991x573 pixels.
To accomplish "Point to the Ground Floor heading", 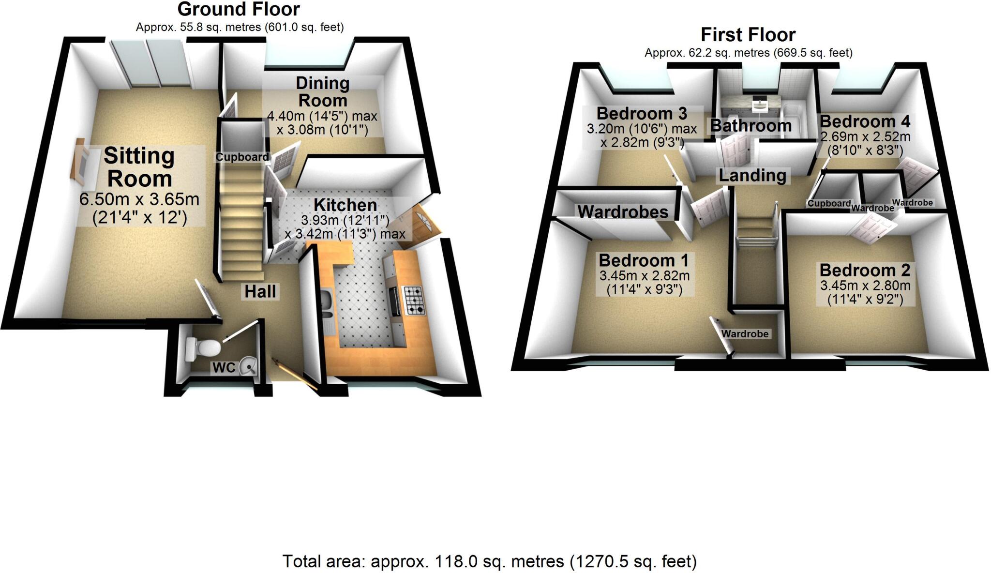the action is [x=239, y=9].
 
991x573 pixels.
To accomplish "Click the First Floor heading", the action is [x=748, y=35].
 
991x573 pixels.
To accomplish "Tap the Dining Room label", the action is [x=322, y=91].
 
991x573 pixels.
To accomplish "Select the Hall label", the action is [x=260, y=291].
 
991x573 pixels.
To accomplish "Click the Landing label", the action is [x=752, y=175].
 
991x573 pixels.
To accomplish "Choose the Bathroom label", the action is [x=751, y=126].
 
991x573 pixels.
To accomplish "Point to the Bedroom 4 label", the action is [x=865, y=121].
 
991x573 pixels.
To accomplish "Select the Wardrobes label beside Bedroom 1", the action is [x=623, y=211].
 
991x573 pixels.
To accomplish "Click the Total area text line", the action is [x=489, y=561].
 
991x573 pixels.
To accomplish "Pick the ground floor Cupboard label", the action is [x=242, y=157].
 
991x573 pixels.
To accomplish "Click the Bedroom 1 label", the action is [x=644, y=260].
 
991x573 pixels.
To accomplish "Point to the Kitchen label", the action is [x=345, y=205].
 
